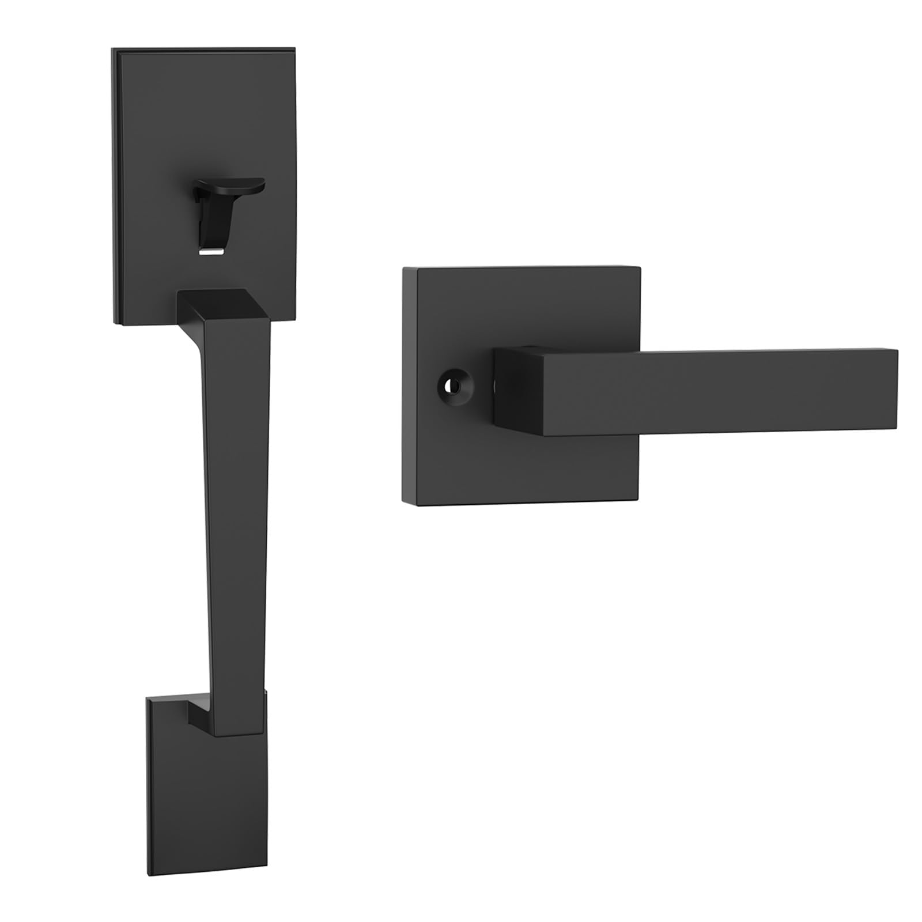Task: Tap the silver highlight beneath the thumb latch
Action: (212, 252)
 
